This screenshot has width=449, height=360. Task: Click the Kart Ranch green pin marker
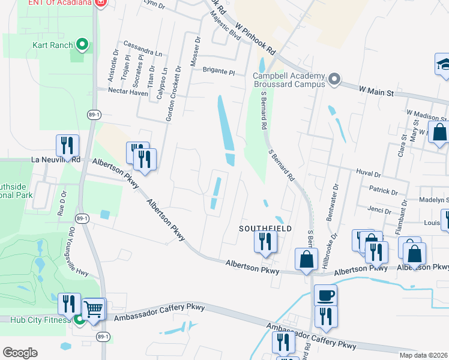tap(83, 45)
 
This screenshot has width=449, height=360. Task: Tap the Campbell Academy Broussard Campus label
tap(288, 80)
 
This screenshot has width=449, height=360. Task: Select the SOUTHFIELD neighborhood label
tap(265, 229)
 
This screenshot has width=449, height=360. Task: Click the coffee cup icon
tap(325, 295)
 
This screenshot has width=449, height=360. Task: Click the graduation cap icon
tap(443, 64)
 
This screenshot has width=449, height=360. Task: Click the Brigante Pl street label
tap(218, 70)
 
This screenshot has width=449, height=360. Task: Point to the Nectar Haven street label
tap(128, 91)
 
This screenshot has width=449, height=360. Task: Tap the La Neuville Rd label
tap(56, 160)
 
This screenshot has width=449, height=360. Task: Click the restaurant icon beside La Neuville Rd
tap(67, 146)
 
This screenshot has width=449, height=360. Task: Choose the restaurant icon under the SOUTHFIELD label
tap(264, 242)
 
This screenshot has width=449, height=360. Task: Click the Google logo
tap(20, 353)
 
